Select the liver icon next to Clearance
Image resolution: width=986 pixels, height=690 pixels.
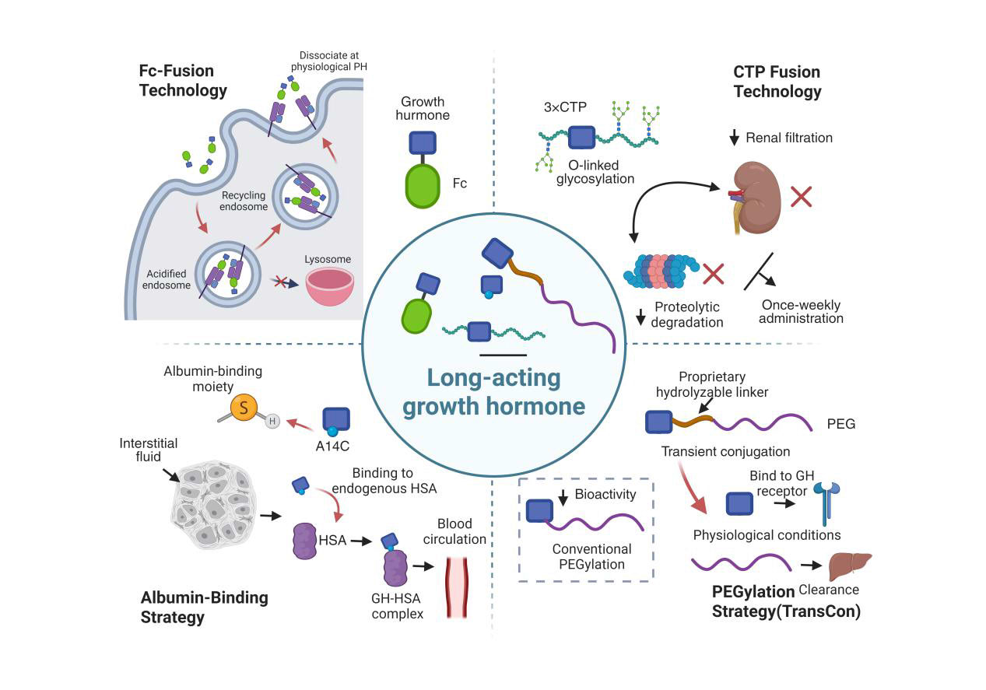point(849,566)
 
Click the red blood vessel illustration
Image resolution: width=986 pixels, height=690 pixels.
point(459,587)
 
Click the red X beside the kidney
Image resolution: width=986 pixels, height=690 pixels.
point(802,195)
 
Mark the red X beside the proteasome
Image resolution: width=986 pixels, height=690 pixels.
point(713,274)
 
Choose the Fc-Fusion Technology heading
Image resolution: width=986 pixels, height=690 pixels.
point(183,80)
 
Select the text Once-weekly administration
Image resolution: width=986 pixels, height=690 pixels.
point(801,311)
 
